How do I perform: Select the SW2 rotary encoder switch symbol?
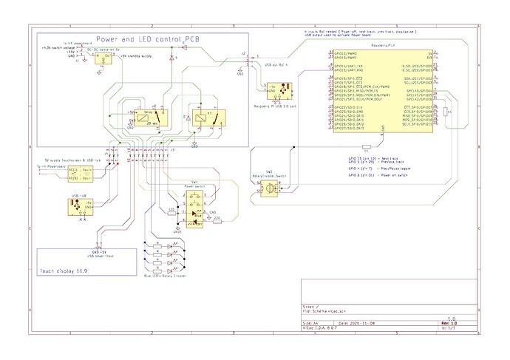point(271,189)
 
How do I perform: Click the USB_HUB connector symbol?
point(79,208)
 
